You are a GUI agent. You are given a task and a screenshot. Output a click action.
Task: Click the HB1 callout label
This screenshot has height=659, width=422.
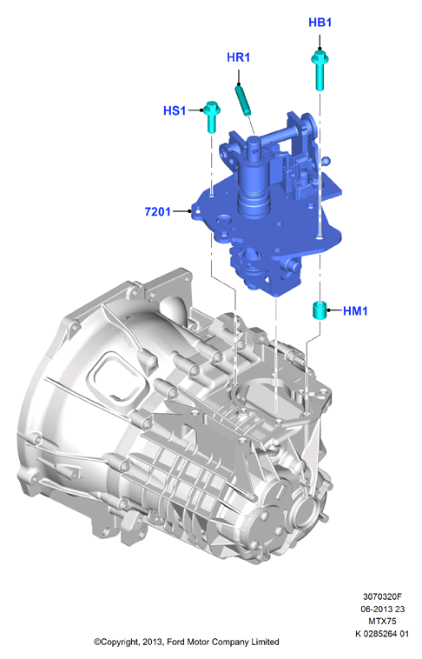(320, 23)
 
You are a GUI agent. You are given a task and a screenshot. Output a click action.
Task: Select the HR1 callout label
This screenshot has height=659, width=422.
(239, 57)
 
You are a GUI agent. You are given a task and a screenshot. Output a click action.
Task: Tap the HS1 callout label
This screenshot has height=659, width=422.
(175, 110)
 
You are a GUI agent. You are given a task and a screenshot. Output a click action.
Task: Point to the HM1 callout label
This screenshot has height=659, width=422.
(355, 311)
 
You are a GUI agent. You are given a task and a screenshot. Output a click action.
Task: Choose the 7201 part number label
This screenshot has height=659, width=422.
(157, 211)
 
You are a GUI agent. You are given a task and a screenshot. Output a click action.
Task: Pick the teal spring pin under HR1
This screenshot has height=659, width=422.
(243, 99)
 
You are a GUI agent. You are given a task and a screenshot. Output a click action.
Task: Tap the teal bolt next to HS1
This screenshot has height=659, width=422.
(211, 116)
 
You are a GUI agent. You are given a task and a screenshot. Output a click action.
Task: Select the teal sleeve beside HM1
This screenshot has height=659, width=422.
(320, 310)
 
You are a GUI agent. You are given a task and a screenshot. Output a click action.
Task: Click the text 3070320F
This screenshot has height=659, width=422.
(382, 596)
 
